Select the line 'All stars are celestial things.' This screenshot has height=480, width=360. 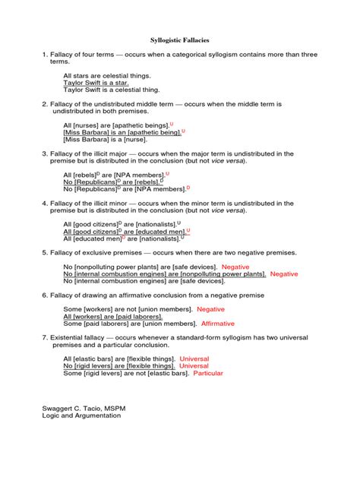click(x=107, y=75)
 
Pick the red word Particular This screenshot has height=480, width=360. click(x=210, y=373)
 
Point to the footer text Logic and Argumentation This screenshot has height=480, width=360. click(x=81, y=416)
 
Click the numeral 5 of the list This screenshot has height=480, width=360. click(x=45, y=252)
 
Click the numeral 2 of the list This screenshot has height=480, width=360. click(x=45, y=103)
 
